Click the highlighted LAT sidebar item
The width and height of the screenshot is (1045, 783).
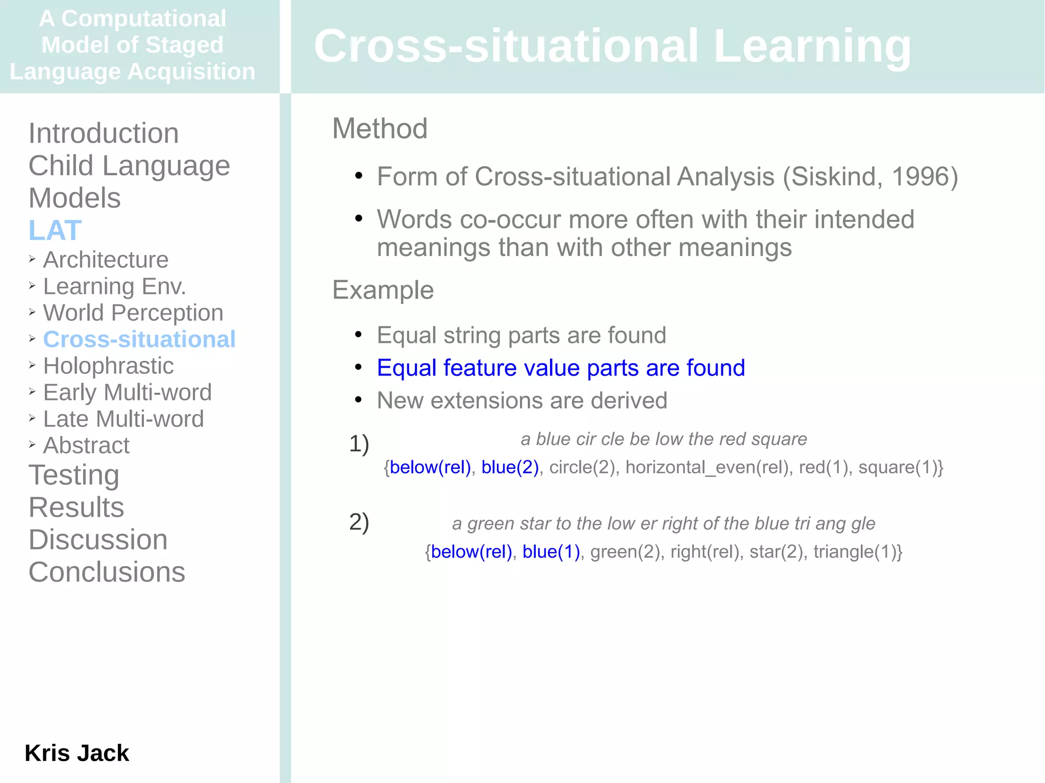click(x=55, y=230)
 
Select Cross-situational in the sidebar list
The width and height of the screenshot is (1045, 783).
click(x=139, y=339)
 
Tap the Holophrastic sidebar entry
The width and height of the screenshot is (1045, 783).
click(x=108, y=366)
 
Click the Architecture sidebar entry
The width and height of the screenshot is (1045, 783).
click(x=106, y=260)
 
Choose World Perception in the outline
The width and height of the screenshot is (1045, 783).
click(x=133, y=313)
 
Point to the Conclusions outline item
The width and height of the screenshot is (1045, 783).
click(x=107, y=572)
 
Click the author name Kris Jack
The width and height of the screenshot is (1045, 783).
click(x=77, y=753)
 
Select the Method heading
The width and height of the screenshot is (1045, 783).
click(x=380, y=129)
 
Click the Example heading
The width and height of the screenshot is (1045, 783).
click(x=383, y=290)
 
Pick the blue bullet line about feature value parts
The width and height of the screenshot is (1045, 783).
click(x=561, y=368)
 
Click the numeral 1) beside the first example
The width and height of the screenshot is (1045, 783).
click(x=359, y=443)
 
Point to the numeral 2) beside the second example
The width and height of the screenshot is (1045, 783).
click(x=359, y=522)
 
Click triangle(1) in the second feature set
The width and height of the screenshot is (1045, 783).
click(x=854, y=552)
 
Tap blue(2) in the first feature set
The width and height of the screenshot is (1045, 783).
click(x=510, y=467)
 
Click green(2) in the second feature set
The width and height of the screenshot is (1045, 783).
click(x=625, y=552)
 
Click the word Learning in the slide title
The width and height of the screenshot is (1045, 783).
click(x=812, y=46)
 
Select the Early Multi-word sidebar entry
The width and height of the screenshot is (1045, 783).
click(x=127, y=392)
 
